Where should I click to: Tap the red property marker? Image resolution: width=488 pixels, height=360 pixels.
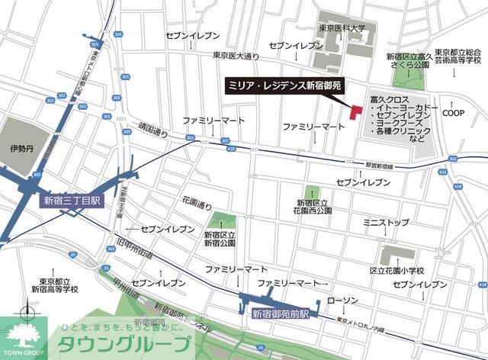click(355, 111)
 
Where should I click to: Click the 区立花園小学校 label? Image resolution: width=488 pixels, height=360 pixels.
click(396, 272)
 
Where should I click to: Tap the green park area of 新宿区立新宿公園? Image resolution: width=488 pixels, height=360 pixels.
click(220, 223)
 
